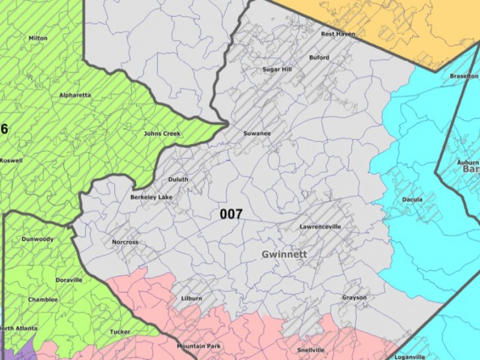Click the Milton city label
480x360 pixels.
pyautogui.click(x=38, y=38)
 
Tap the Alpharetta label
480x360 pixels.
pyautogui.click(x=75, y=95)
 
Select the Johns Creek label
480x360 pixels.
pyautogui.click(x=162, y=133)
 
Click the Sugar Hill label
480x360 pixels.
pyautogui.click(x=277, y=70)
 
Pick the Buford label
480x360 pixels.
pyautogui.click(x=319, y=58)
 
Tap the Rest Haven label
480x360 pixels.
pyautogui.click(x=338, y=34)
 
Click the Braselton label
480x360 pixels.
pyautogui.click(x=464, y=76)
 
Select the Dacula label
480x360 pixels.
pyautogui.click(x=412, y=200)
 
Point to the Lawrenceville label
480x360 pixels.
pyautogui.click(x=320, y=227)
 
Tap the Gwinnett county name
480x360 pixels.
pyautogui.click(x=284, y=254)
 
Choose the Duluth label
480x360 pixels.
pyautogui.click(x=178, y=179)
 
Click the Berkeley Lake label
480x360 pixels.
pyautogui.click(x=151, y=197)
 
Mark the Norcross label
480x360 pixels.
pyautogui.click(x=125, y=242)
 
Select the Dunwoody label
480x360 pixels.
pyautogui.click(x=37, y=239)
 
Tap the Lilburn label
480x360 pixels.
pyautogui.click(x=191, y=298)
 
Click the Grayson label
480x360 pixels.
pyautogui.click(x=354, y=298)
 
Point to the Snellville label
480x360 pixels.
pyautogui.click(x=311, y=350)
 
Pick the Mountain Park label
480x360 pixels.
pyautogui.click(x=199, y=346)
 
